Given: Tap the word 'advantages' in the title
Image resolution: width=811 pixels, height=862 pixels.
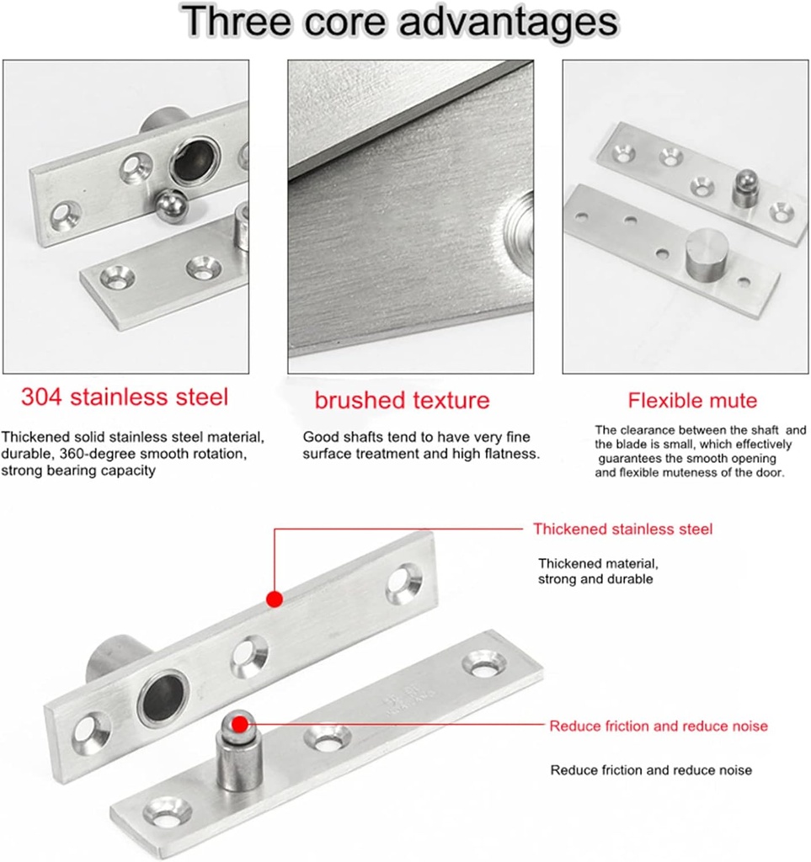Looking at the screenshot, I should pyautogui.click(x=506, y=22).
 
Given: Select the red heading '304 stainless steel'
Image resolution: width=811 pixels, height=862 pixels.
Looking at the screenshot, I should pyautogui.click(x=125, y=396).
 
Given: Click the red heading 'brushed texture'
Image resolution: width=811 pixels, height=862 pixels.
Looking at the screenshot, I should pyautogui.click(x=402, y=400).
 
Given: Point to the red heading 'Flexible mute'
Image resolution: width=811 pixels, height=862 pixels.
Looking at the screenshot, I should pyautogui.click(x=692, y=400).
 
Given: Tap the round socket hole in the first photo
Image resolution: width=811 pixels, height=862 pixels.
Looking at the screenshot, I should pyautogui.click(x=195, y=161).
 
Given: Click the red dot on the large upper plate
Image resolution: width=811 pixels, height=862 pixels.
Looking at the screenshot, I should pyautogui.click(x=274, y=599).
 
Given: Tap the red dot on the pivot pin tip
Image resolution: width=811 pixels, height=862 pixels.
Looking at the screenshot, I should pyautogui.click(x=240, y=724).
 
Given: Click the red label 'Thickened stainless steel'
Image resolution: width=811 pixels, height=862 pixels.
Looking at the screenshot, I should pyautogui.click(x=622, y=529).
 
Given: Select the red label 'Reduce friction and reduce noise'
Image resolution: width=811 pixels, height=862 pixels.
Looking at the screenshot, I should pyautogui.click(x=659, y=726).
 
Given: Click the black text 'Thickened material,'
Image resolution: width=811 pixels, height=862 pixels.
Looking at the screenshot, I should pyautogui.click(x=598, y=563).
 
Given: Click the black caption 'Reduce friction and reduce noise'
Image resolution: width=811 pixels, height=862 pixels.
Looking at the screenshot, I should pyautogui.click(x=651, y=770).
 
